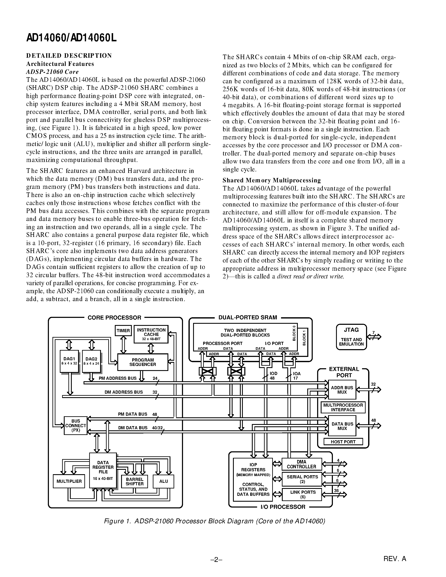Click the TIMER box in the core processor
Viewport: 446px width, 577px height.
coord(123,330)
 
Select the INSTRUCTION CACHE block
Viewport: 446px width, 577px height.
coord(151,334)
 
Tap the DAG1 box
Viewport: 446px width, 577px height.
coord(69,361)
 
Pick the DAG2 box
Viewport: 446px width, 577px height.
coord(92,361)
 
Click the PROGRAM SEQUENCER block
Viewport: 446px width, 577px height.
coord(143,362)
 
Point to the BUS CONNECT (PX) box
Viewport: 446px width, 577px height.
coord(76,425)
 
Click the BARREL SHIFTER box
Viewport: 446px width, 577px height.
coord(135,481)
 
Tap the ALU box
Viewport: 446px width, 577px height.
coord(163,481)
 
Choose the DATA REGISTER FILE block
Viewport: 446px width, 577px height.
coord(103,470)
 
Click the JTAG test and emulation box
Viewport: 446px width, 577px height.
coord(351,337)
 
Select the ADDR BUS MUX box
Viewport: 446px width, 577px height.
coord(342,390)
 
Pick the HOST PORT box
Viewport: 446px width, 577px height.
coord(343,441)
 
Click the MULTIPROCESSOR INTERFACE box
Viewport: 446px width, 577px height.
coord(343,407)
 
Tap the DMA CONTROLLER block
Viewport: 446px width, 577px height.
coord(301,464)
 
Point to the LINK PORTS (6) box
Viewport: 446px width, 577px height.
coord(302,494)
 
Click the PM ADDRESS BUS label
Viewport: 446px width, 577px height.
coord(118,378)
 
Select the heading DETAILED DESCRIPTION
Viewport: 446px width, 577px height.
coord(69,55)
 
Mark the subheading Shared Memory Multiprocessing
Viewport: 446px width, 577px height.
coord(272,180)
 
